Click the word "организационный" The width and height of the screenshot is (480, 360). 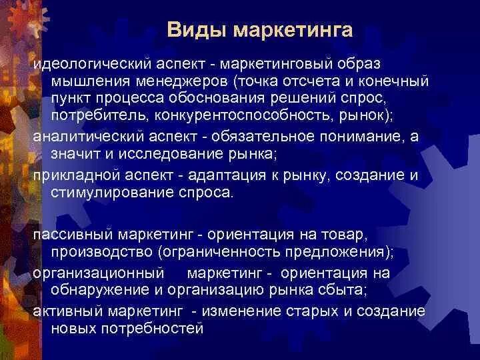(x=89, y=273)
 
